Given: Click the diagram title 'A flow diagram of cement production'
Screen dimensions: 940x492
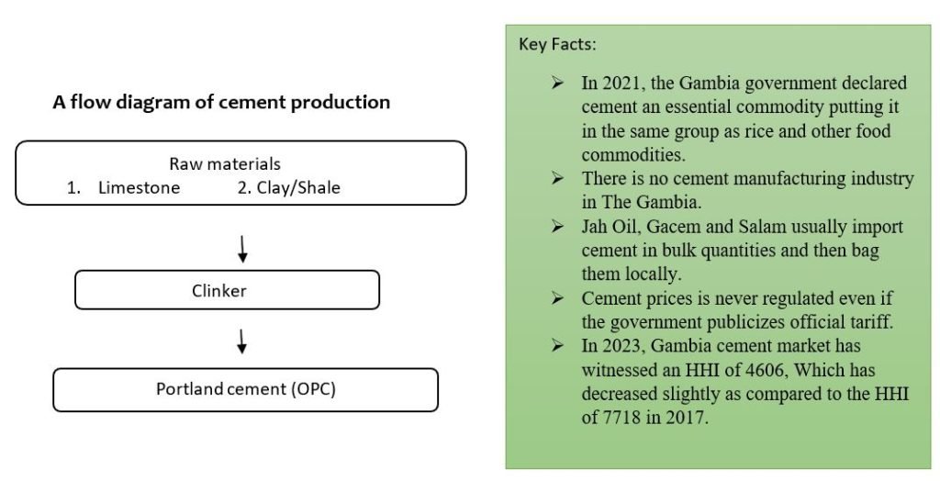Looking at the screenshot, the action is (221, 103).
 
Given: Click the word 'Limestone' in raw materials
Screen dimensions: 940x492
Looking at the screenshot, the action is (140, 187).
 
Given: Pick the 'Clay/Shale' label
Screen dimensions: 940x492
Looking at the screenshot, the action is (298, 187).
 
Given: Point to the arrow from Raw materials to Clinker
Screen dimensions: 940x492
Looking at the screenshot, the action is (242, 249).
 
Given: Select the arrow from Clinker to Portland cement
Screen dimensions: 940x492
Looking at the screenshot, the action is (242, 341).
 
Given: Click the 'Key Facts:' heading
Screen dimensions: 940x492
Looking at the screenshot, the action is (557, 44).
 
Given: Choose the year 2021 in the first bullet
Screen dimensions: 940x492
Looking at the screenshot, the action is (621, 83).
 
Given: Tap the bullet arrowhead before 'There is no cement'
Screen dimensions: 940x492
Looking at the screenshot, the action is (557, 178).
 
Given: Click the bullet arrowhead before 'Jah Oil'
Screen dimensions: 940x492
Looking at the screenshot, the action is (557, 226).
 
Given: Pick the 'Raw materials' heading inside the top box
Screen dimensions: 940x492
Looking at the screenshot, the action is (225, 164).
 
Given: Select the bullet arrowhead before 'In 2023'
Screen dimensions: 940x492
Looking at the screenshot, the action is (557, 345).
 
